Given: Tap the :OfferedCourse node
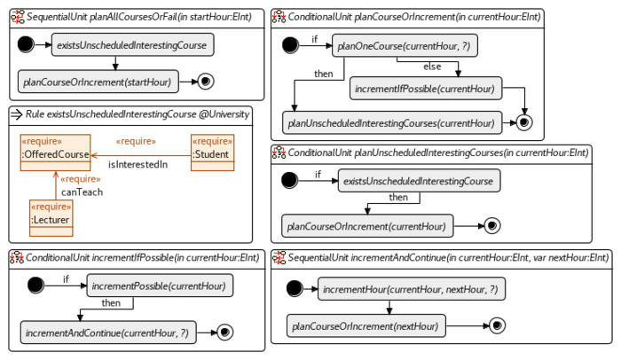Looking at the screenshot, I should point(55,154).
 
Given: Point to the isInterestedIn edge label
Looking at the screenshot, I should point(138,164).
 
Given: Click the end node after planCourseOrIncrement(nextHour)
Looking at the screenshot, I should point(496,326).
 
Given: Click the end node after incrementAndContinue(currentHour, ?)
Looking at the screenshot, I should point(225,333).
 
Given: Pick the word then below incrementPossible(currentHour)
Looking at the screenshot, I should point(111,303).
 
